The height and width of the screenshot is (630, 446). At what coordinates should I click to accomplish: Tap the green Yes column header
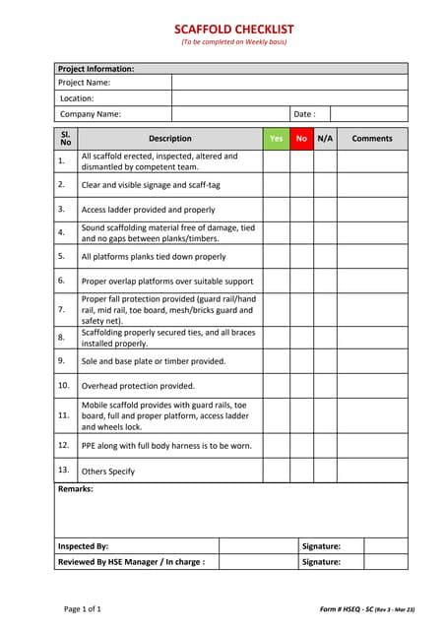coord(276,139)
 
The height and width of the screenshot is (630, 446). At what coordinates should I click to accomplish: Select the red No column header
coord(301,139)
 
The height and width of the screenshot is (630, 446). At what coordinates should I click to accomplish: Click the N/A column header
coord(325,139)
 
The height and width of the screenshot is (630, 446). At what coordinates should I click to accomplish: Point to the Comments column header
coord(372,139)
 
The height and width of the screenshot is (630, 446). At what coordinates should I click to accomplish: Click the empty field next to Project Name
coord(289,83)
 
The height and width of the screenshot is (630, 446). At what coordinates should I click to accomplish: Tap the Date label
coord(304,114)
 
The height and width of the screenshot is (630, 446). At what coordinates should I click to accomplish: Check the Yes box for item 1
coord(276,161)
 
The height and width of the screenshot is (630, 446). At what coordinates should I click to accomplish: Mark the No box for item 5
coord(301,257)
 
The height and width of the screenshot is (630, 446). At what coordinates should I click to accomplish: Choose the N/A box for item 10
coord(325,386)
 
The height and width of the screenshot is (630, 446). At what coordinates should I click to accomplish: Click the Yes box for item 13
coord(276,472)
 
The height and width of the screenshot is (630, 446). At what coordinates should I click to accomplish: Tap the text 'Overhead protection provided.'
coord(138,386)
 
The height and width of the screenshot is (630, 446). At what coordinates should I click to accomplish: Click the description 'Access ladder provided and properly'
coord(148,210)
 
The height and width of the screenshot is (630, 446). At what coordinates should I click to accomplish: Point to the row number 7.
coord(61,309)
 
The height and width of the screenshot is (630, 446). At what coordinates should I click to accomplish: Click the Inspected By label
coord(83,546)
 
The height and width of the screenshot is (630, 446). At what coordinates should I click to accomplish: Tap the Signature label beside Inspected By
coord(321,546)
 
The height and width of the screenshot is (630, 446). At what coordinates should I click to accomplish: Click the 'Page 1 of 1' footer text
coord(83,609)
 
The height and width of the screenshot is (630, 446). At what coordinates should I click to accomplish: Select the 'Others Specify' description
coord(108,472)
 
